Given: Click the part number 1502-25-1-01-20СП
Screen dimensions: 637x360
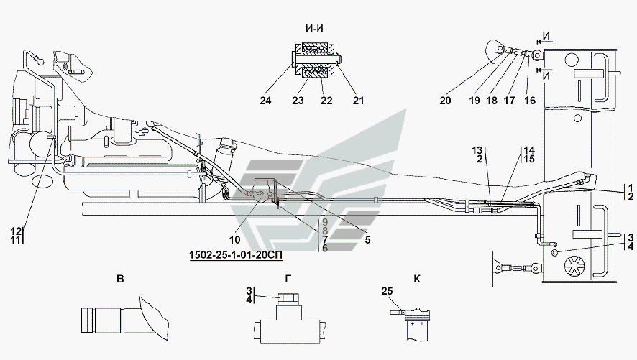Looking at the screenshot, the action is tap(236, 255).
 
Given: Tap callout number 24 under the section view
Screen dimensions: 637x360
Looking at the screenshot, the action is tap(265, 101).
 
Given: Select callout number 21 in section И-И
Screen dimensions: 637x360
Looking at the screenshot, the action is tap(358, 101).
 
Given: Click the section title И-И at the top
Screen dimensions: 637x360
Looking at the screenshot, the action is tap(315, 29).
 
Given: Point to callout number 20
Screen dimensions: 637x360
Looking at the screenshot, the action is tap(445, 101).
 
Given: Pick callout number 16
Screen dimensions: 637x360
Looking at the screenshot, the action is tap(530, 101).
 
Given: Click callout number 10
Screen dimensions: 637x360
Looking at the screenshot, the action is tap(235, 240).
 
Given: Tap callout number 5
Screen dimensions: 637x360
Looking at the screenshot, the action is tap(367, 240).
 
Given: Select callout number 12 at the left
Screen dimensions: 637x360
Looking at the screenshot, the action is tap(15, 231).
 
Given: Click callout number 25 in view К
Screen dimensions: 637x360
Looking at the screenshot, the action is tap(387, 291).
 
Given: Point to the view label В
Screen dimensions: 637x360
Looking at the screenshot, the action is tap(120, 279).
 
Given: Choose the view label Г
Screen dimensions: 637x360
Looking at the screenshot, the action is tap(288, 279).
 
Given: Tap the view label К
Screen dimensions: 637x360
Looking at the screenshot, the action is tap(417, 279).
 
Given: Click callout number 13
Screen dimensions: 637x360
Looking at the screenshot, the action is tap(477, 151).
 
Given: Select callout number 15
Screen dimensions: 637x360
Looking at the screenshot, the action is tap(529, 159).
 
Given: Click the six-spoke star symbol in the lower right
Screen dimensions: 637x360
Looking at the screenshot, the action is tap(576, 265).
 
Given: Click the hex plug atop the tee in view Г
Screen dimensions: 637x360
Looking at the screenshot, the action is tap(288, 300).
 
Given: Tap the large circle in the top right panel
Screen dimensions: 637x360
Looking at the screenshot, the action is tap(572, 60).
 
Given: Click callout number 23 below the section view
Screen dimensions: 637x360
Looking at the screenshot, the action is tap(298, 101).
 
